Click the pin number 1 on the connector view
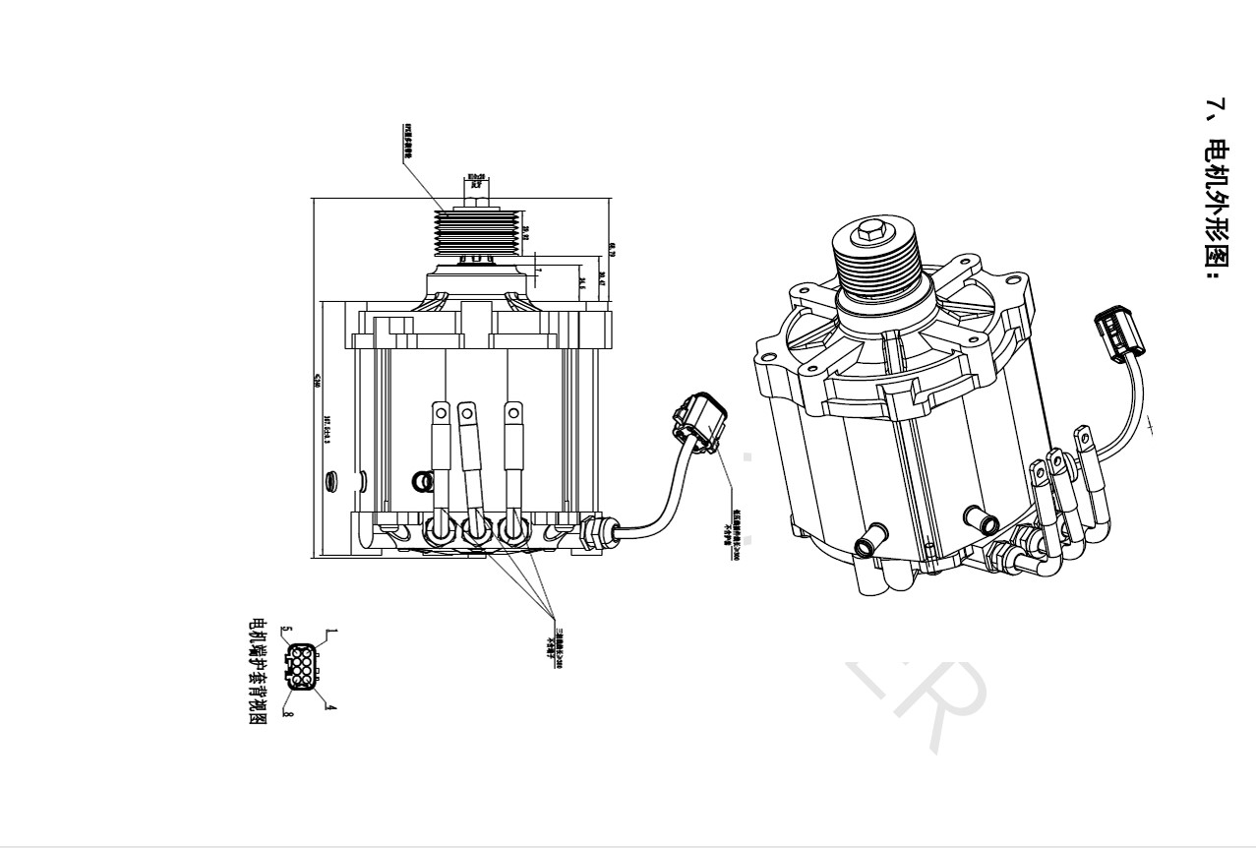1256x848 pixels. (x=331, y=632)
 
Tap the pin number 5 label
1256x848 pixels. (x=286, y=631)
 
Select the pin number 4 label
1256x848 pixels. (x=331, y=706)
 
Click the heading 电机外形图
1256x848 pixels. (x=1217, y=187)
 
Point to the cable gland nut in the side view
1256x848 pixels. (x=592, y=532)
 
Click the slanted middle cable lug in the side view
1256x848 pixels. (x=471, y=462)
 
